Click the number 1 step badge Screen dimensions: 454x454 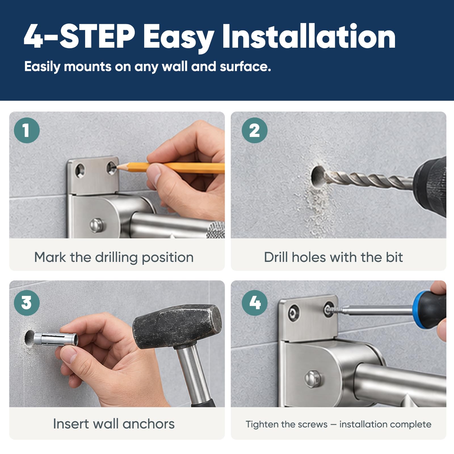[x=27, y=130]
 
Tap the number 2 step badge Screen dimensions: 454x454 [x=255, y=130]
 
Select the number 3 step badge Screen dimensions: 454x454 [x=27, y=302]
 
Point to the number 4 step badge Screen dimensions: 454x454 [x=255, y=302]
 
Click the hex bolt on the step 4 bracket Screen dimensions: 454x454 [x=314, y=379]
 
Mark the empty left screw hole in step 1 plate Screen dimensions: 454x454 [x=80, y=171]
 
